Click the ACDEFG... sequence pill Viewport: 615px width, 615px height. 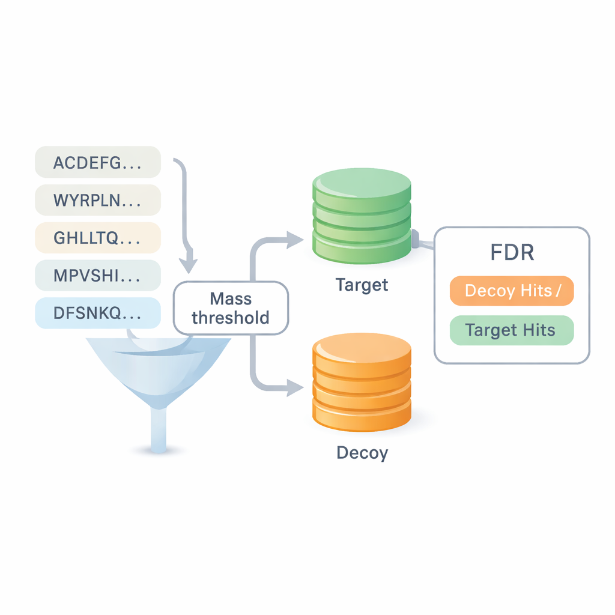coord(98,162)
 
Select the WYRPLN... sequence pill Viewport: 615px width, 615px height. coord(98,200)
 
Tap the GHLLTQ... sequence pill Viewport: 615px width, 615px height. coord(98,238)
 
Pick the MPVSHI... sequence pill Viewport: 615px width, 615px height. coord(98,275)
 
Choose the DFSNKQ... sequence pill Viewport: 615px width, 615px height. coord(98,313)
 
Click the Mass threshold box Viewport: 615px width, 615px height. coord(231,307)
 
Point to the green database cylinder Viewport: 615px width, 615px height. coord(362,216)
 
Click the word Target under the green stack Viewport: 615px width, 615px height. coord(362,284)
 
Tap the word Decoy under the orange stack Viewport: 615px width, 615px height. coord(362,452)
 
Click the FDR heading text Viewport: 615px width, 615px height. coord(512,252)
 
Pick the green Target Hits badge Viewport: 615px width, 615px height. coord(511,330)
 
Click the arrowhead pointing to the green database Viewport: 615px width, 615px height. coord(295,240)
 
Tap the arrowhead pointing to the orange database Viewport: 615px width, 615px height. coord(295,388)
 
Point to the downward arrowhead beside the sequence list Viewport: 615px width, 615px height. coord(190,264)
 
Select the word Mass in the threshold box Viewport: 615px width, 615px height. coord(231,298)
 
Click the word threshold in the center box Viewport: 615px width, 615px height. coord(231,318)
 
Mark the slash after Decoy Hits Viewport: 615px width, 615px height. coord(559,291)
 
